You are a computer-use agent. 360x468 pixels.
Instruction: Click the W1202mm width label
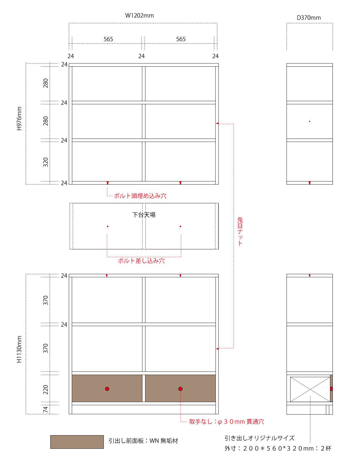click(x=139, y=15)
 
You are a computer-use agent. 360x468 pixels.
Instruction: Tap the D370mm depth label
click(x=309, y=18)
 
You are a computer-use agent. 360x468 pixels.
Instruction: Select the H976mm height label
click(x=19, y=118)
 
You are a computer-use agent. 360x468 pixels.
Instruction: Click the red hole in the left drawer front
click(x=107, y=389)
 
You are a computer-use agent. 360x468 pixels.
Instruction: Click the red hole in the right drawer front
click(x=180, y=389)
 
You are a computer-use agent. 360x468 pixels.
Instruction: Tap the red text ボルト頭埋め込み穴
click(x=140, y=196)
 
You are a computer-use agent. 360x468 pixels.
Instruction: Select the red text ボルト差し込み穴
click(x=141, y=261)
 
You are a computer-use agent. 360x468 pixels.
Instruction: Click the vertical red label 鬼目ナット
click(x=240, y=231)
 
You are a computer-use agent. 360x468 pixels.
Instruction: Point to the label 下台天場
click(x=144, y=215)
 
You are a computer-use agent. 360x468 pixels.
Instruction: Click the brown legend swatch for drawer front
click(x=77, y=442)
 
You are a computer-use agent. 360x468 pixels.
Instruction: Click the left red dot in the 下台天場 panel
click(x=108, y=226)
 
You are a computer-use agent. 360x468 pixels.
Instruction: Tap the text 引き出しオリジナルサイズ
click(x=259, y=438)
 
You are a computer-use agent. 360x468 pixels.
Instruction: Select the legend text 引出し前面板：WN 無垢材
click(x=143, y=441)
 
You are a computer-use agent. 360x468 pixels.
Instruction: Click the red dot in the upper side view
click(x=310, y=122)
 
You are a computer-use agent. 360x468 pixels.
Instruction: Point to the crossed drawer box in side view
click(x=310, y=389)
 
